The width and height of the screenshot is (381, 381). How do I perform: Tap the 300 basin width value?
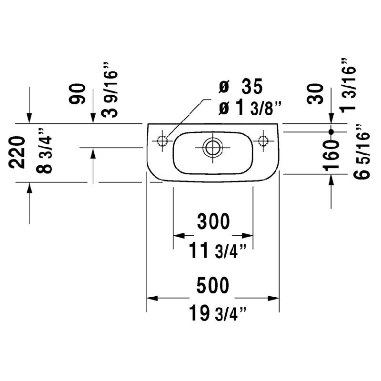click(x=213, y=221)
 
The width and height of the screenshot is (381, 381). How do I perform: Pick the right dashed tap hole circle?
click(x=262, y=140)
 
